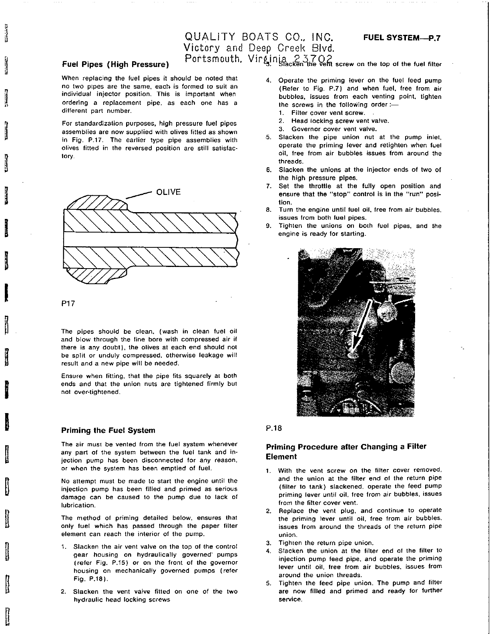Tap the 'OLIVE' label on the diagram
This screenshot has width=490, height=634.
point(168,192)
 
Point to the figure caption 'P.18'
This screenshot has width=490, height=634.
point(274,428)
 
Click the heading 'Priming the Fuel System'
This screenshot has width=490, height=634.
point(108,431)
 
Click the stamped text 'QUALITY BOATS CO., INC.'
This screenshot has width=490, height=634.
point(259,38)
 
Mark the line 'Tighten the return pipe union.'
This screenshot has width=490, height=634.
point(326,543)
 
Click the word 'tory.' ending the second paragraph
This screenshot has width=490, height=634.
point(68,156)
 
